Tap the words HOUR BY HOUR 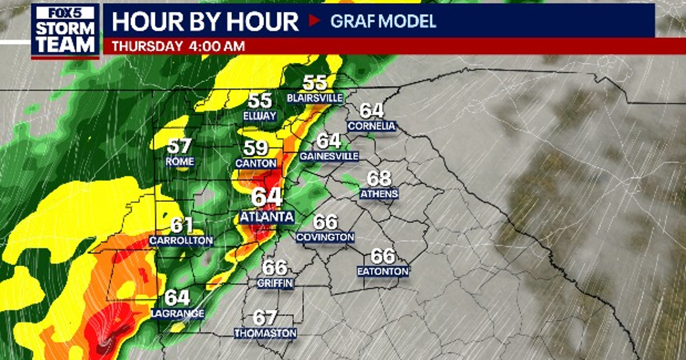click(x=205, y=22)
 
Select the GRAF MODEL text click(x=383, y=22)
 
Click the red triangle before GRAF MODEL click(x=314, y=22)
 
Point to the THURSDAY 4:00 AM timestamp click(x=178, y=46)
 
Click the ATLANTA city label click(x=267, y=217)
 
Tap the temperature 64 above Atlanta click(x=267, y=197)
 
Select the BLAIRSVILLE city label click(x=315, y=98)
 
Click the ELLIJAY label click(x=260, y=116)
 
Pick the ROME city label click(x=180, y=162)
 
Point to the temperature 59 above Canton click(x=256, y=149)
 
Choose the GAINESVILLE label click(x=329, y=156)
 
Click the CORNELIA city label click(x=372, y=126)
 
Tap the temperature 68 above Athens click(x=378, y=178)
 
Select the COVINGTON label click(x=325, y=237)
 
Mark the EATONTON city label click(x=383, y=271)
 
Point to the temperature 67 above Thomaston click(x=265, y=318)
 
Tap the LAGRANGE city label click(x=178, y=313)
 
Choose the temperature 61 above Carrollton click(x=181, y=226)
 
